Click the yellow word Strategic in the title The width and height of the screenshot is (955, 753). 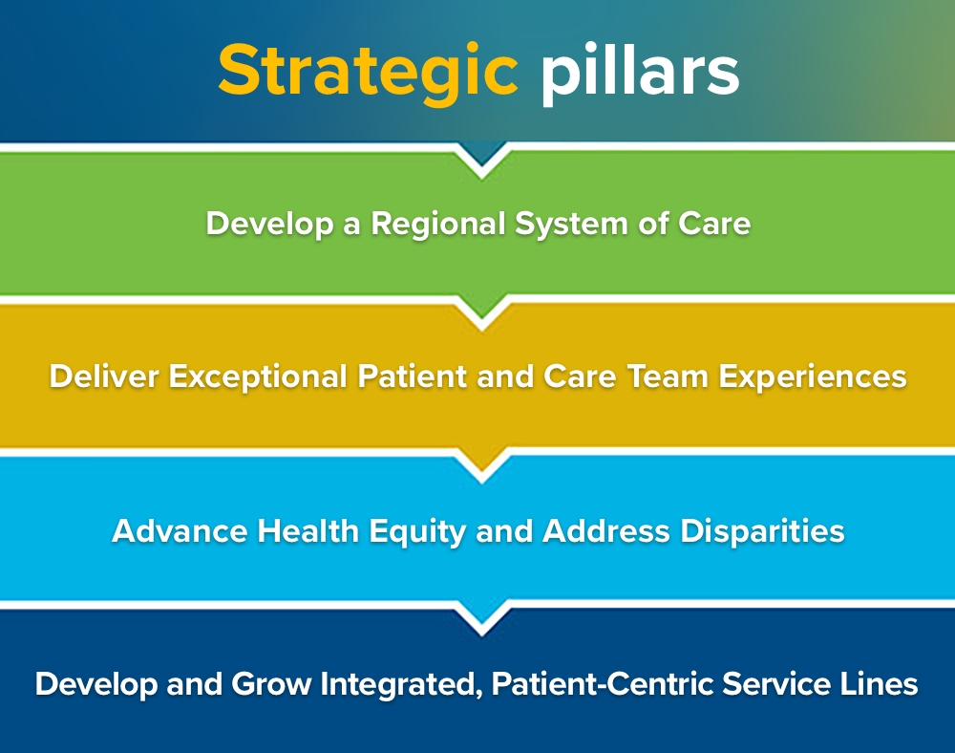pos(368,73)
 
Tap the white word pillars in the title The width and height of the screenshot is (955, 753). pos(640,72)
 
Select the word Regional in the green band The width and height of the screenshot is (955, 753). pos(438,225)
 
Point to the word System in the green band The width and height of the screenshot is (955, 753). pos(571,225)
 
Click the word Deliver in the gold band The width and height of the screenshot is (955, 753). pos(104,376)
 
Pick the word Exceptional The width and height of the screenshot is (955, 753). pos(258,377)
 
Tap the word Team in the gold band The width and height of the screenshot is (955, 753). pos(668,376)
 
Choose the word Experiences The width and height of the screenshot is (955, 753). pos(813,377)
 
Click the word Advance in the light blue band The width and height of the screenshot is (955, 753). pos(180,530)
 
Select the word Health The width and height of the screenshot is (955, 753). pos(308,530)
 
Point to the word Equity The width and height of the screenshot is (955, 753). pos(418,532)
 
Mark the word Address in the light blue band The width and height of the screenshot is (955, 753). pos(606,530)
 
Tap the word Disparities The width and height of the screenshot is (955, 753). pos(762,532)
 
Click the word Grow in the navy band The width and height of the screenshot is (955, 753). pos(271,683)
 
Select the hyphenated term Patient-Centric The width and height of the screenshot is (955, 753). pos(602,683)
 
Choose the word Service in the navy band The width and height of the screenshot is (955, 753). pos(775,683)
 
